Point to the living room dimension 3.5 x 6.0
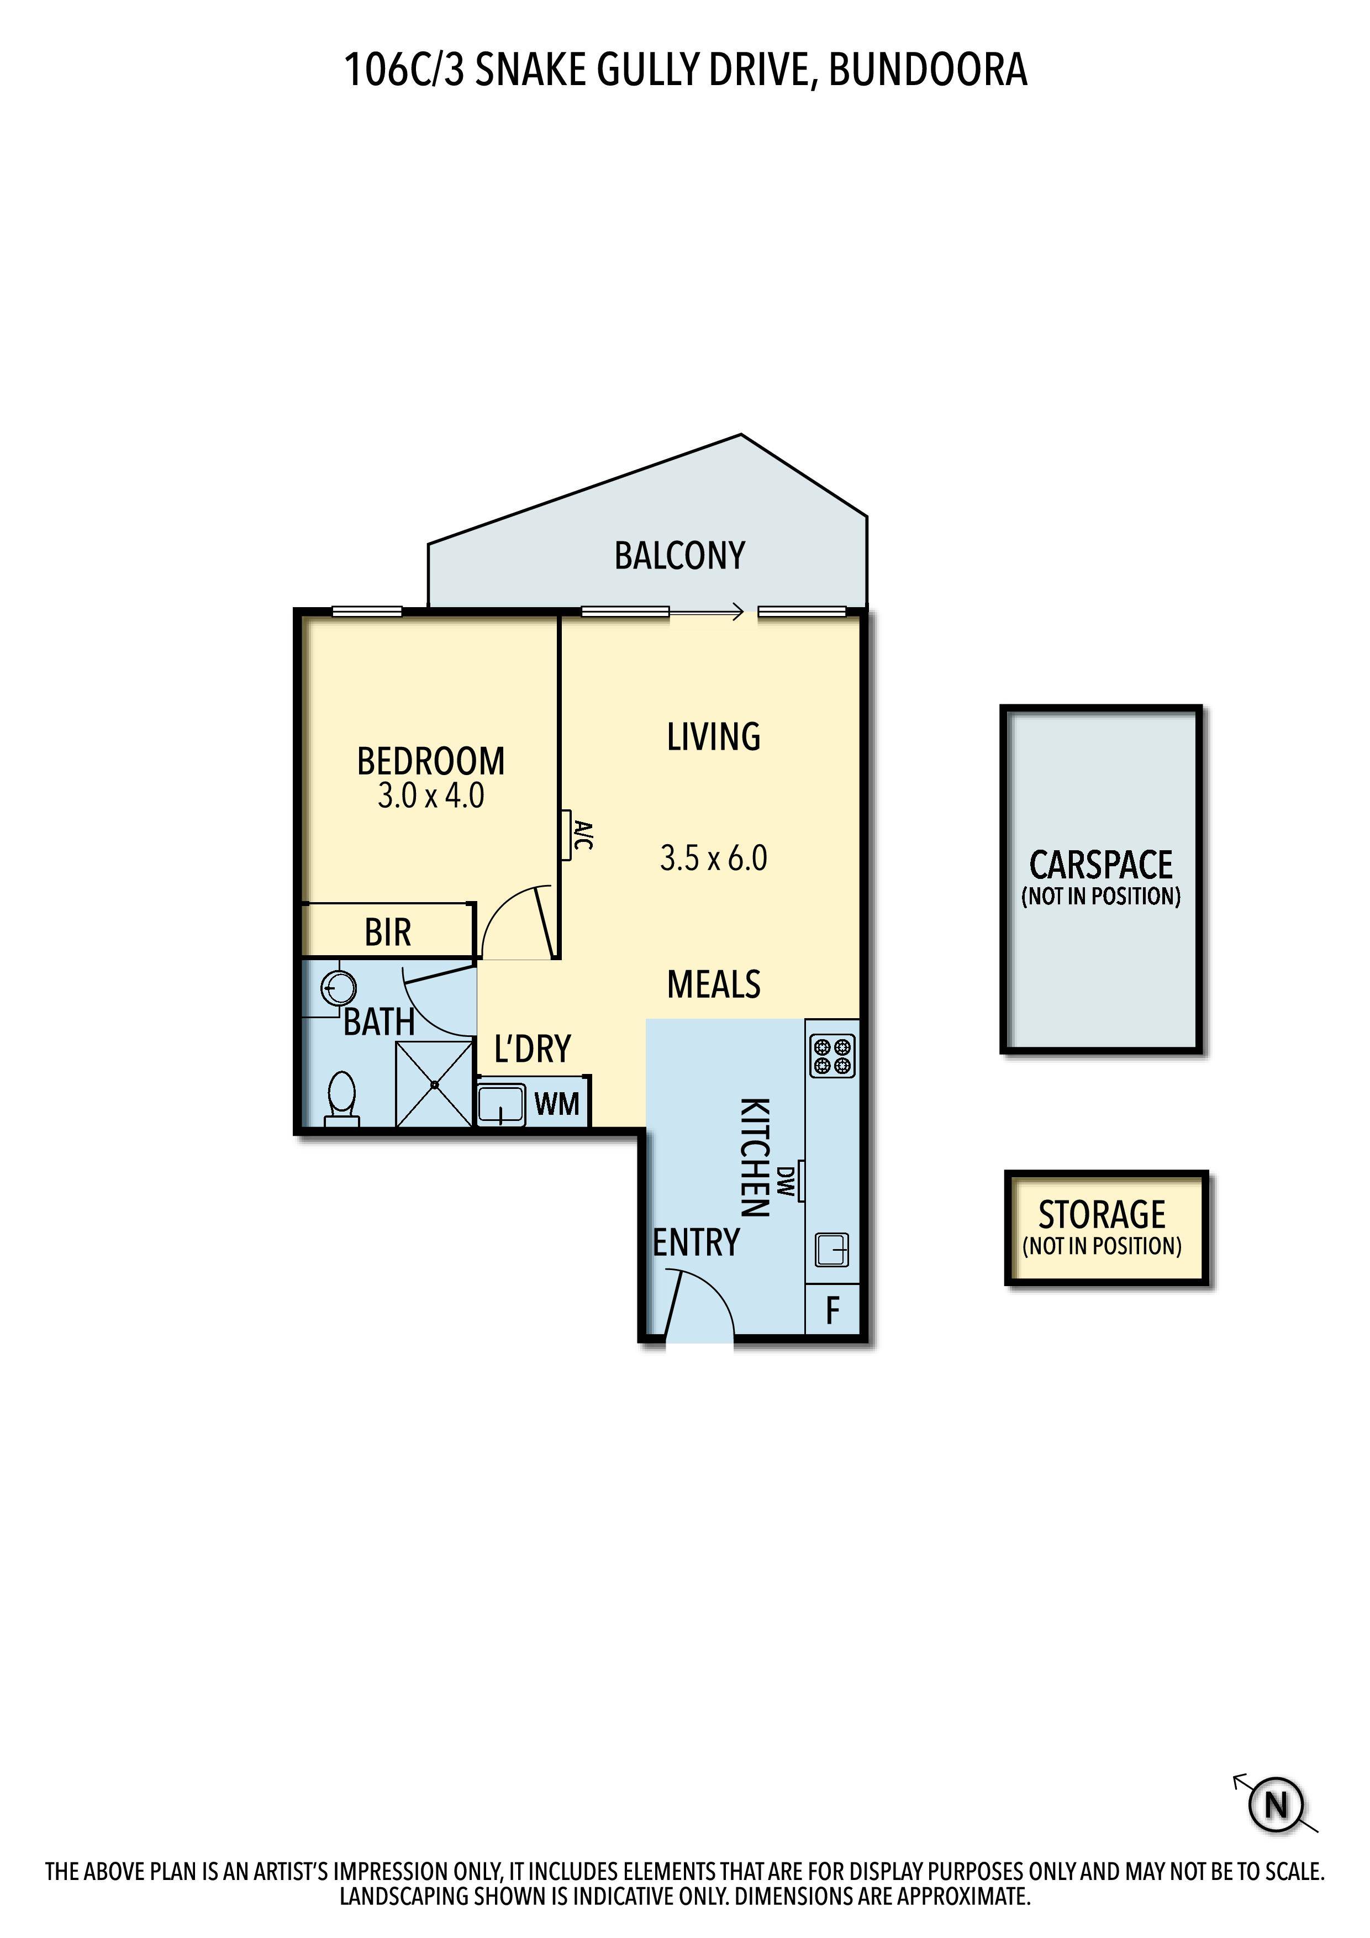pos(713,859)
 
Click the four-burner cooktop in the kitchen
pos(833,1056)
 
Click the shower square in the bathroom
pos(434,1084)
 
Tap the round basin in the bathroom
pos(339,987)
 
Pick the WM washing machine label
pos(557,1103)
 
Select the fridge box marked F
pos(832,1310)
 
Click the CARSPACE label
pos(1101,865)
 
